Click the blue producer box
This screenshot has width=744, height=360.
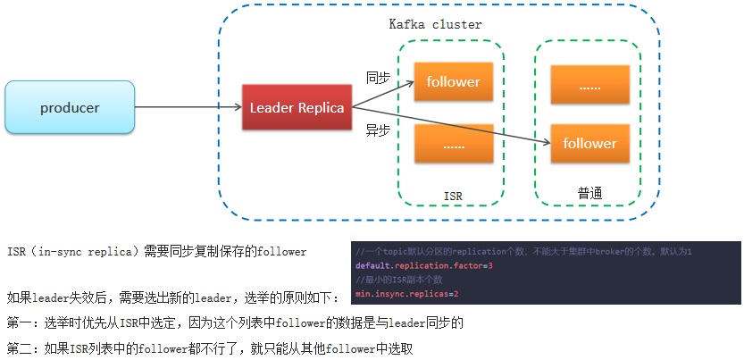coord(70,109)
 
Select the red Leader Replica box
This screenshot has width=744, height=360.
coord(297,108)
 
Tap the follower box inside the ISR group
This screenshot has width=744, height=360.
coord(453,82)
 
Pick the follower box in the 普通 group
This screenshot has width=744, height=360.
coord(589,143)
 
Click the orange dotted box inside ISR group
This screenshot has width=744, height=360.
coord(453,143)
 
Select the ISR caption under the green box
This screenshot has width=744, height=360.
coord(454,196)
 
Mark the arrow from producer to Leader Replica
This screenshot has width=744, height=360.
coord(188,108)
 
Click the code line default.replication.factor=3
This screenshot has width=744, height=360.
coord(424,266)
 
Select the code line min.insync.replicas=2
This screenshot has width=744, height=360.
coord(406,294)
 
